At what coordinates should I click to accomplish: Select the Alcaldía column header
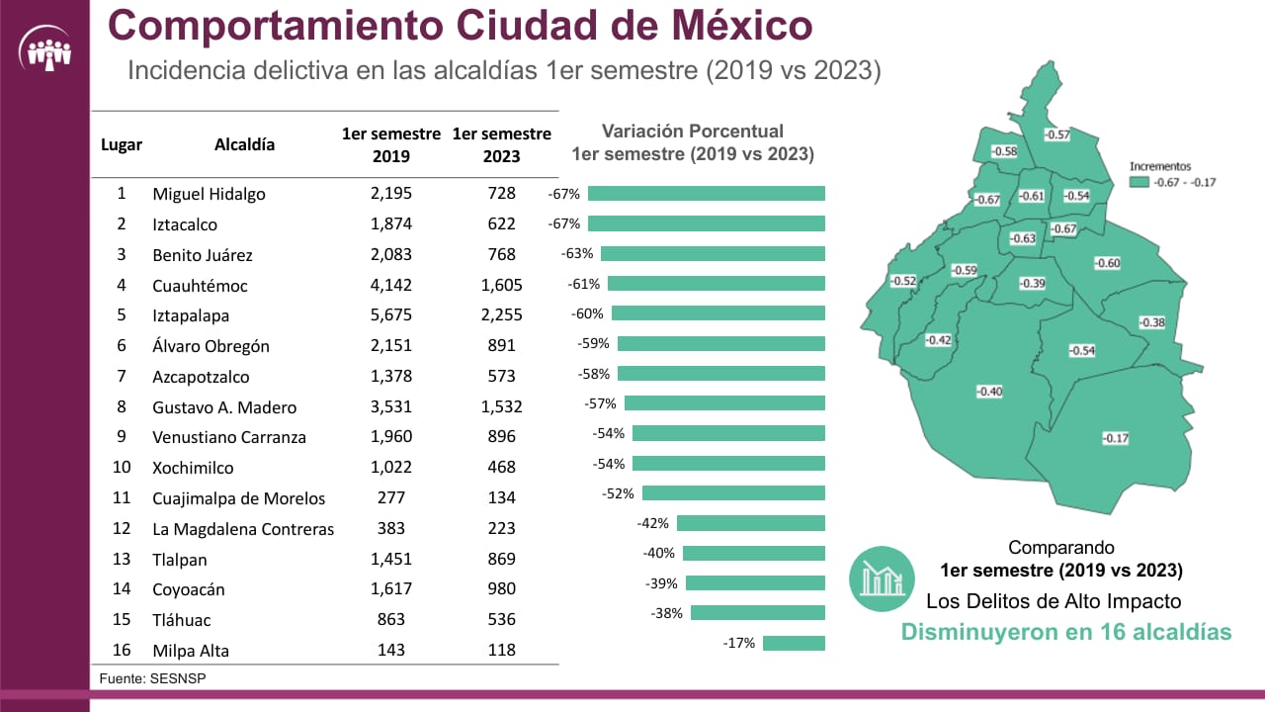244,144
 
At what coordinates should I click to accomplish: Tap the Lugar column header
122,144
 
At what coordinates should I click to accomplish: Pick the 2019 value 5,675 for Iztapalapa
390,315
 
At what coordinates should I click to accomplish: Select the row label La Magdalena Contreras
243,529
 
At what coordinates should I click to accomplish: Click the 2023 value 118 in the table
501,651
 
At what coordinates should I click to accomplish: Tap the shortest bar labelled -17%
794,643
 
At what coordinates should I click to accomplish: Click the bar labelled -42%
750,523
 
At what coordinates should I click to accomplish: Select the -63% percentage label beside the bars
576,253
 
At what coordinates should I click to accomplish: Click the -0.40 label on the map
989,392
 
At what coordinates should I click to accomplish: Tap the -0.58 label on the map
1004,151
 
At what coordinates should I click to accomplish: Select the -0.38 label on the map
1151,322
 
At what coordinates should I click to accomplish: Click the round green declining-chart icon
881,578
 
